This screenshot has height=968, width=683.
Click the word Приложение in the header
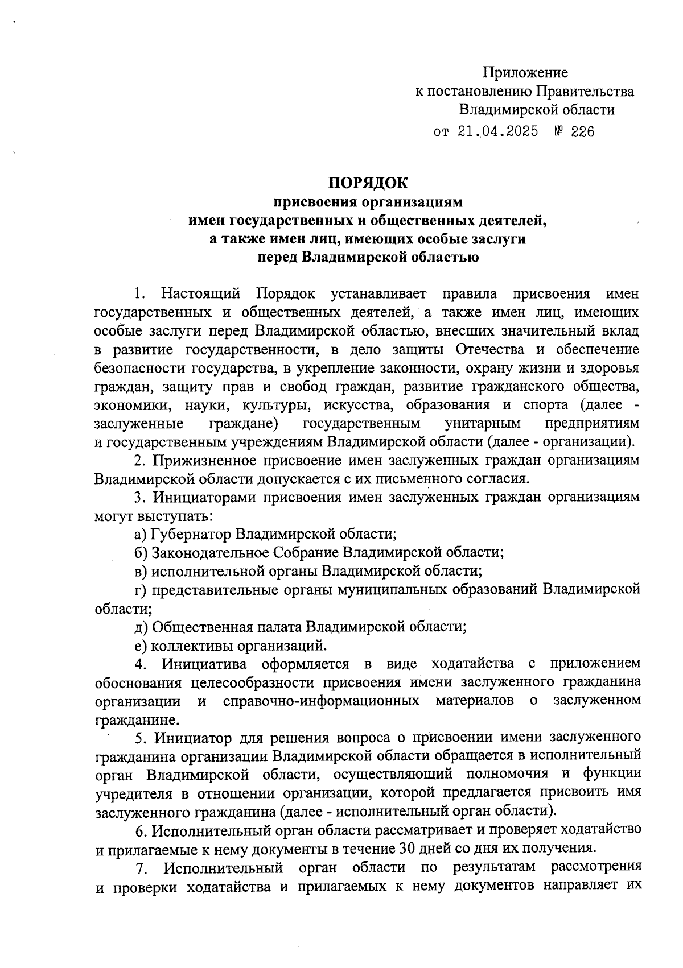point(525,73)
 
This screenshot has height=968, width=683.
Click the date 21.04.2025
point(497,133)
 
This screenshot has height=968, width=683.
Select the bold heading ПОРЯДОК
point(368,183)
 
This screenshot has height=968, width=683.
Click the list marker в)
point(141,570)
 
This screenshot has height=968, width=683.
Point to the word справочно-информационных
point(322,701)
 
